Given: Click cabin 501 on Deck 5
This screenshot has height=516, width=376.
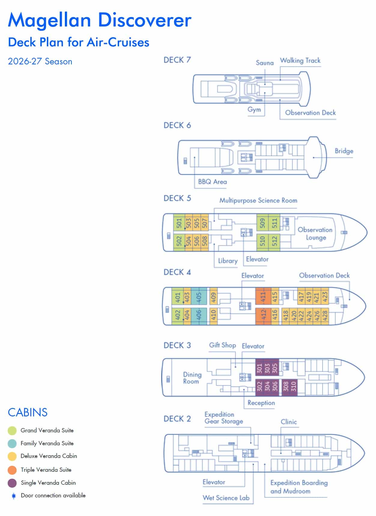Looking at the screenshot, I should (179, 223).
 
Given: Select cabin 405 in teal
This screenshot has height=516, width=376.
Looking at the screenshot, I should (199, 297).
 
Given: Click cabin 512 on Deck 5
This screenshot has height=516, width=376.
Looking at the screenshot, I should (274, 241).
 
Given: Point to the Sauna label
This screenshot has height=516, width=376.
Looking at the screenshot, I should (265, 63).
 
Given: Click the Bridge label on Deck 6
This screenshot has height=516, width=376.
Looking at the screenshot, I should (344, 151).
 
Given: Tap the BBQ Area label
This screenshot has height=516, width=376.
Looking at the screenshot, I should (212, 182).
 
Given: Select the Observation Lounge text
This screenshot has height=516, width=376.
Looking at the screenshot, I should (315, 233).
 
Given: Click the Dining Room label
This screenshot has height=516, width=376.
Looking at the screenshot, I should (192, 378).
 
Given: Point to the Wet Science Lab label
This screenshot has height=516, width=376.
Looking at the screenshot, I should (226, 498).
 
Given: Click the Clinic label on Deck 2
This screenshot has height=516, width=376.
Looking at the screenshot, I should (289, 422).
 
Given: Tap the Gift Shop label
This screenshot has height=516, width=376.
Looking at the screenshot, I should (222, 345).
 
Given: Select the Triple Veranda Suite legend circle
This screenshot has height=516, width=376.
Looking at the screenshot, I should (12, 470).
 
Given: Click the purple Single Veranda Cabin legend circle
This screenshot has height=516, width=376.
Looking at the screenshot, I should (12, 483).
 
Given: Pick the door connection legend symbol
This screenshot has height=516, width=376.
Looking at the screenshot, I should (14, 496).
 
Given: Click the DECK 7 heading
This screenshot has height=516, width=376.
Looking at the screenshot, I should (177, 60).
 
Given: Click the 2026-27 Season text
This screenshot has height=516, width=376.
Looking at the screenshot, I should (40, 62).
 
